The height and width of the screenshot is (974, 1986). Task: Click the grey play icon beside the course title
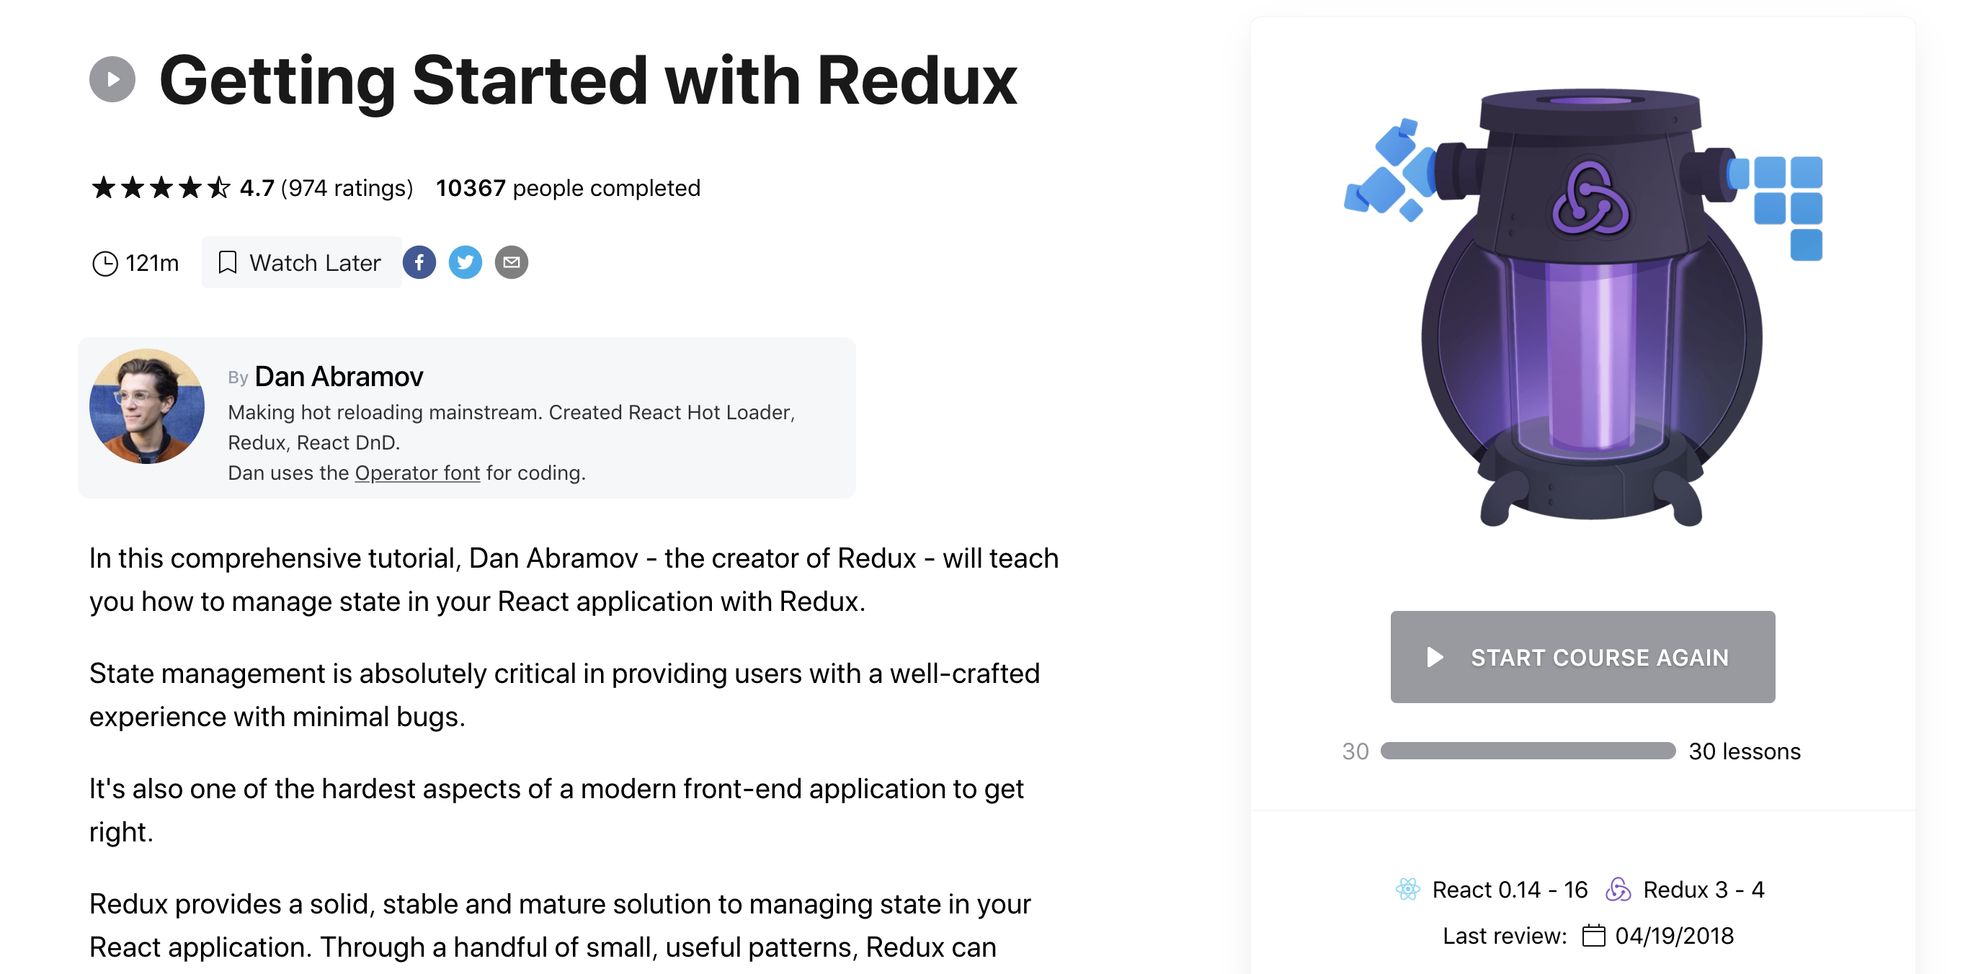(112, 79)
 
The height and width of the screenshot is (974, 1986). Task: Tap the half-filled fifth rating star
(219, 187)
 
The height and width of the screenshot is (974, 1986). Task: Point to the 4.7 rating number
(257, 188)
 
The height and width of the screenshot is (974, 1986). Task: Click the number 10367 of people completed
(471, 188)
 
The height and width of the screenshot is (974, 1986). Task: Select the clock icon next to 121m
(105, 264)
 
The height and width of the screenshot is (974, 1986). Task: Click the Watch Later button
(301, 263)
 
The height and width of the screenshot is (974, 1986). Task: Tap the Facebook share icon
(419, 263)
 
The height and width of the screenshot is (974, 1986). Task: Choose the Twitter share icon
(466, 263)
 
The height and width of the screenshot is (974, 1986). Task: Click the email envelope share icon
(511, 263)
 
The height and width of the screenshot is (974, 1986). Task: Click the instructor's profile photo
(147, 406)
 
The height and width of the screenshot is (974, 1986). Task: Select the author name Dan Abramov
(339, 377)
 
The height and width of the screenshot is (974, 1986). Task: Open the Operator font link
(417, 473)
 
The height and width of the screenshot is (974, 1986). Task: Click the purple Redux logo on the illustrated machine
(1590, 199)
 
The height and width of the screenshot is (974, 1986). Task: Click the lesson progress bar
(1527, 751)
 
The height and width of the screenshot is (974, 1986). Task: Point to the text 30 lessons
(1745, 751)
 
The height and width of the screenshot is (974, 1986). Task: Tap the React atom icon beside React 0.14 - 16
(1408, 889)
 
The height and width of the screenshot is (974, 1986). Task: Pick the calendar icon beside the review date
(1593, 936)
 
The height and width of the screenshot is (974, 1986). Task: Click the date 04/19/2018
(1675, 936)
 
